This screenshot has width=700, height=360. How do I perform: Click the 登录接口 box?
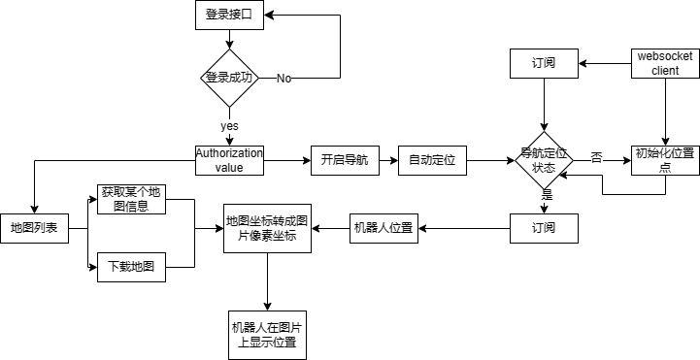point(229,15)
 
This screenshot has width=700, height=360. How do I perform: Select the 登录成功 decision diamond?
point(229,78)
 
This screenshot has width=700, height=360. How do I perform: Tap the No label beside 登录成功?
point(283,78)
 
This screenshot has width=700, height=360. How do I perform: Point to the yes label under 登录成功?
point(229,126)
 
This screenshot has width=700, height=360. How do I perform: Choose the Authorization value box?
point(229,160)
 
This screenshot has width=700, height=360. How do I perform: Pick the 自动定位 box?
point(432,160)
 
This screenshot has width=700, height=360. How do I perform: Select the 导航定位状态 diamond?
point(544,160)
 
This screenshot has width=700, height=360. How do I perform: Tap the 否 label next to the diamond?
point(596,158)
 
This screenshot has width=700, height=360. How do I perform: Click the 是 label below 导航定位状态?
point(547,195)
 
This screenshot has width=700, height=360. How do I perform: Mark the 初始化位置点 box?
point(665,160)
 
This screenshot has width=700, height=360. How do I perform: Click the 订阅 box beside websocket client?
point(545,64)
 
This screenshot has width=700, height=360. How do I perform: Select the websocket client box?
point(665,64)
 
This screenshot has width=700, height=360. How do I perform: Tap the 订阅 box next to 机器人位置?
point(545,228)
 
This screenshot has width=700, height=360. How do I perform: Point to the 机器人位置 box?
point(383,228)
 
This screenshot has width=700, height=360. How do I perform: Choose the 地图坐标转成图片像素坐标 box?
point(267,228)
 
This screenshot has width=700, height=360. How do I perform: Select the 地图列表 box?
point(34,228)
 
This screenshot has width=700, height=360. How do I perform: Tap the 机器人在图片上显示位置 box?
point(267,334)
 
